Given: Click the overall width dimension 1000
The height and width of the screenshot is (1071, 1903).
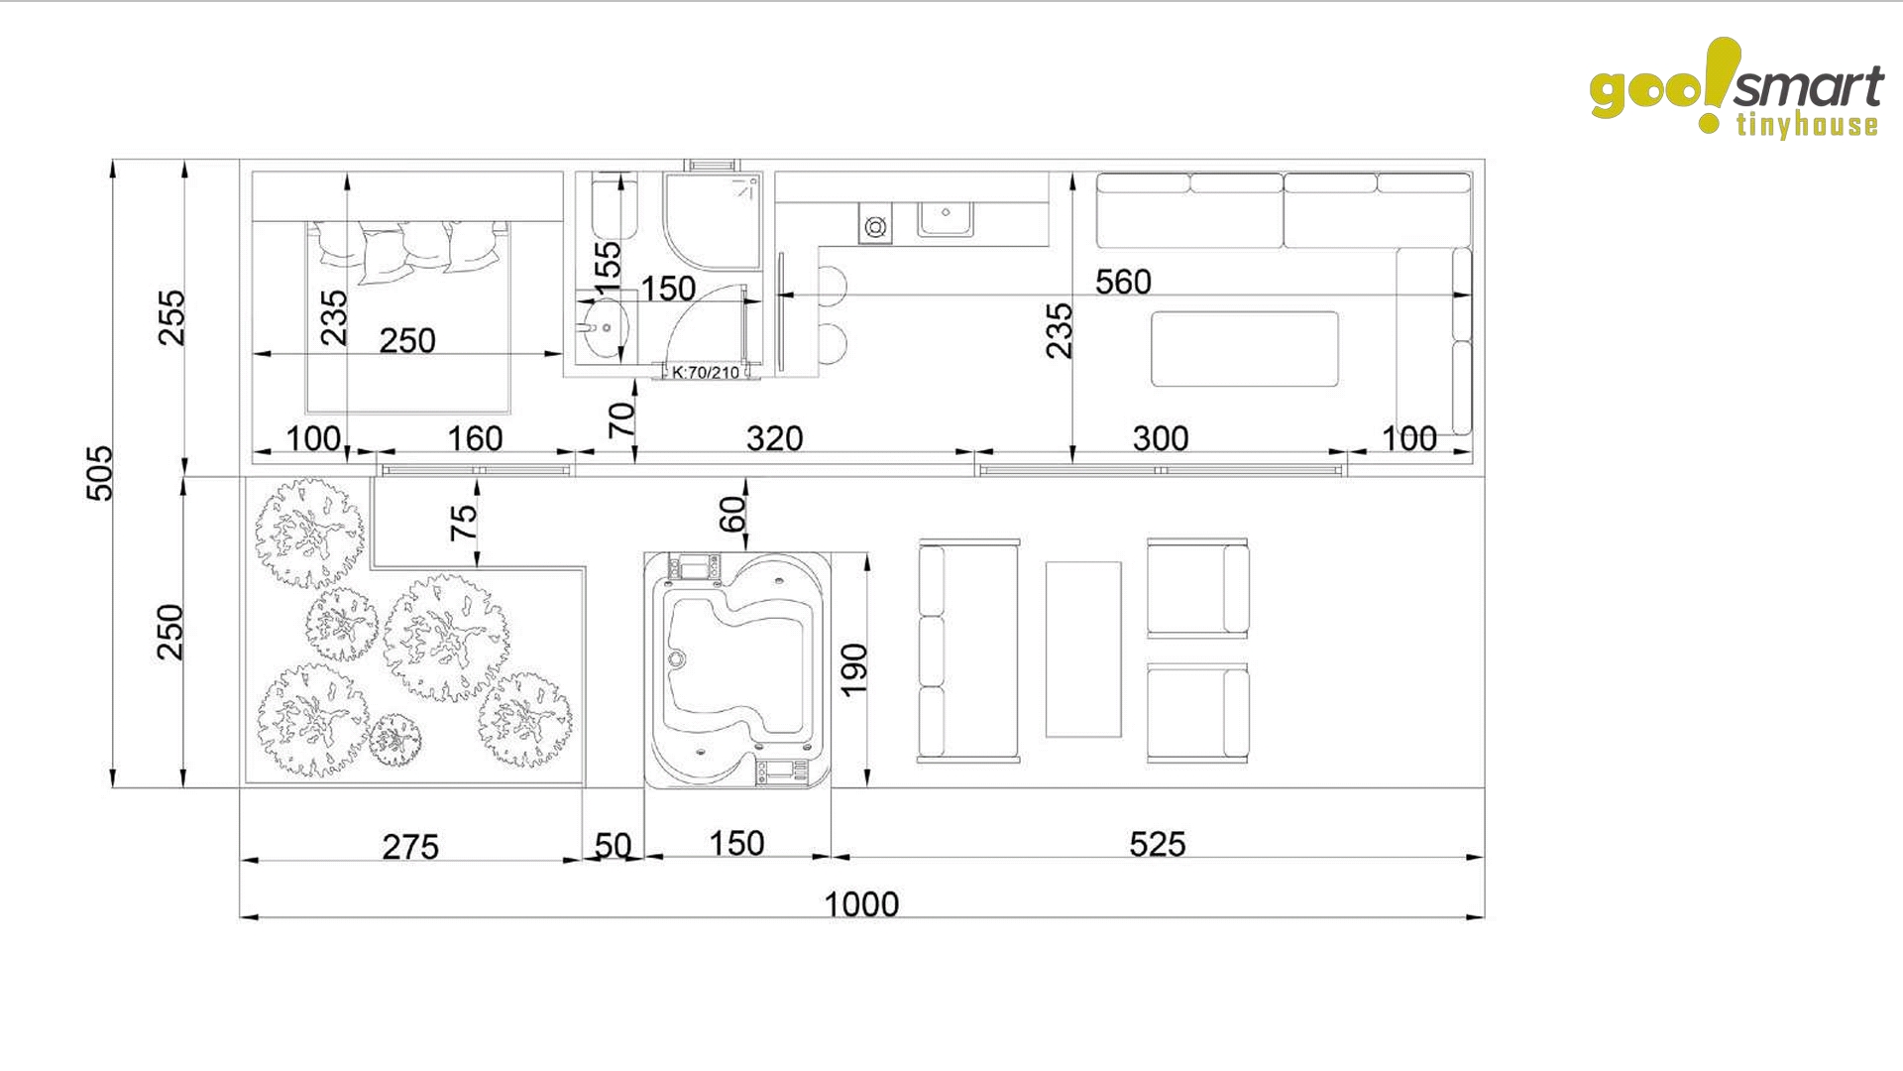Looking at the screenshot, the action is (861, 903).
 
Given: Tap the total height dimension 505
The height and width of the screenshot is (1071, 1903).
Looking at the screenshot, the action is (100, 473).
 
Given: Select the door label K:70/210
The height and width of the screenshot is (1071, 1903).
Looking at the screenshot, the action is (706, 372).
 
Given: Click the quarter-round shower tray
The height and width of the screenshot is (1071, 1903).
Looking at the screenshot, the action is (712, 221).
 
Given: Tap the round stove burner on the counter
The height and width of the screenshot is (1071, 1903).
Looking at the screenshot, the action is (875, 228).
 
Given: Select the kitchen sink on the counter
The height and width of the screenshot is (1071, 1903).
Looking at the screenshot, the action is (946, 218).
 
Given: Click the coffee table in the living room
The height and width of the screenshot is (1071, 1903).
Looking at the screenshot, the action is (1244, 348).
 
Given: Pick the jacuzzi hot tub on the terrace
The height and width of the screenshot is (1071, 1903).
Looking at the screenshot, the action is (737, 670).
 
